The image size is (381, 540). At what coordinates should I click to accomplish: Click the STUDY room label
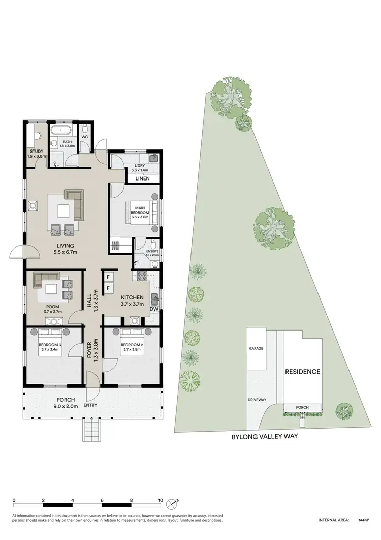coord(36,152)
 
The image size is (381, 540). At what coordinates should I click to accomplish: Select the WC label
coord(85,137)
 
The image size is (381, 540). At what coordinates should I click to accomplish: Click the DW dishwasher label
coord(153,309)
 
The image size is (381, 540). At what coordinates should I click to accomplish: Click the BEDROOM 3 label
coord(50,346)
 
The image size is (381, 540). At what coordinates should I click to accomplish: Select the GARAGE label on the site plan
coord(255,349)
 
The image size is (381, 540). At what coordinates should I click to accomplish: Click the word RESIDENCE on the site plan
coord(302,372)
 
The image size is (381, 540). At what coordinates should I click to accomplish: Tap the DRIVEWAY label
coord(257,400)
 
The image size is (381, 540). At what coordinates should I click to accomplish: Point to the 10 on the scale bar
coord(161,500)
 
